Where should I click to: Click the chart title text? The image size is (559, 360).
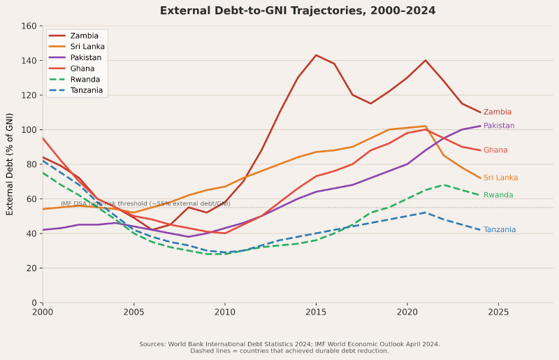coord(297,11)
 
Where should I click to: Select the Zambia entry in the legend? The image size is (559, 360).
coord(84,36)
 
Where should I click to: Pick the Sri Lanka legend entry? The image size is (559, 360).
coord(87,47)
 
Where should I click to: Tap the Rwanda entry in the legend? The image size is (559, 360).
coord(85,79)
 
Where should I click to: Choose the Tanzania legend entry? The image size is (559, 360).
coord(87,90)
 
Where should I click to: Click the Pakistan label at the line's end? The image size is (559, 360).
coord(498,126)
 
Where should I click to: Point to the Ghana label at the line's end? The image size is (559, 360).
coord(495,150)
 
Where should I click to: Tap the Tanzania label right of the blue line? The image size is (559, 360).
coord(500,230)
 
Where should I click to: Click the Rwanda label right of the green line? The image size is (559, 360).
coord(498,196)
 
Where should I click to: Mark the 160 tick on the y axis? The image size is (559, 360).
coord(29,26)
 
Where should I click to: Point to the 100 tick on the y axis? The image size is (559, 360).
coord(29,130)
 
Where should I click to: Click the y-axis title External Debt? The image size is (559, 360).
coord(10,164)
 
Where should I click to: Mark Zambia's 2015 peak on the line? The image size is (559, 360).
coord(316,55)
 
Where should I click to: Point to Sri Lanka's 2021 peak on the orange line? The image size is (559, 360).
coord(425,126)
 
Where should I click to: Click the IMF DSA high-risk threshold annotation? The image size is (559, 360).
coord(145,204)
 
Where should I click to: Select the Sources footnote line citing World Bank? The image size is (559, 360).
coord(289,344)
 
